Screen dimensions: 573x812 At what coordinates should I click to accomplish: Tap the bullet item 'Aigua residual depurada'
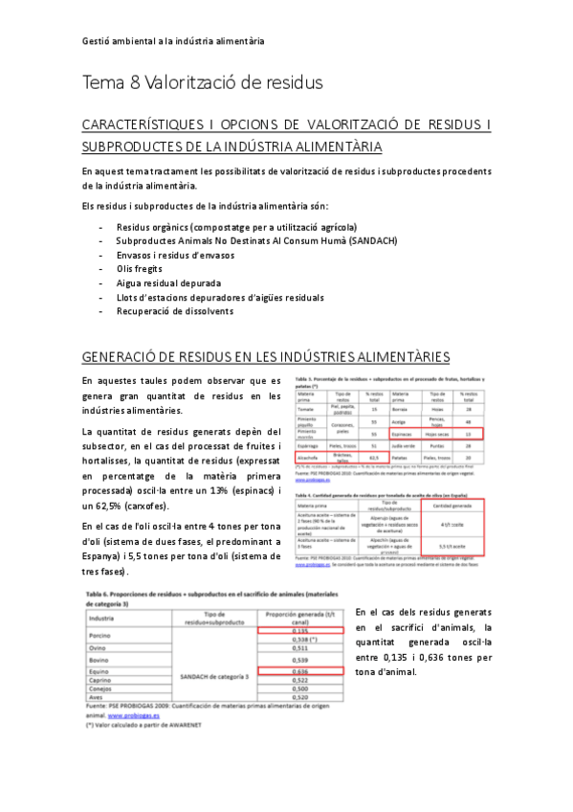coord(168,283)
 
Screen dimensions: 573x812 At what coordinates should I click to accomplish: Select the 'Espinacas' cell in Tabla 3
coord(405,433)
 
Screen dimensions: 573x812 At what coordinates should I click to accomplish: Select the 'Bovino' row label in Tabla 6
coord(99,659)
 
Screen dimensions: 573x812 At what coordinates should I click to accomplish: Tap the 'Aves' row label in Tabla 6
coord(97,697)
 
